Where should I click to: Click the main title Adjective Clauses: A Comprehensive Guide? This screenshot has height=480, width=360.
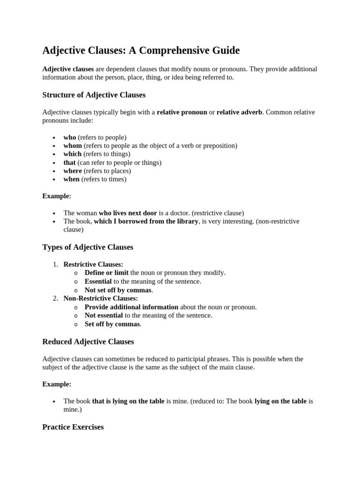pyautogui.click(x=141, y=50)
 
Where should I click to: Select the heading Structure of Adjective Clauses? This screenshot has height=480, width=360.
pyautogui.click(x=94, y=95)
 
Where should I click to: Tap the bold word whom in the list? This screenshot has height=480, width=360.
pyautogui.click(x=73, y=146)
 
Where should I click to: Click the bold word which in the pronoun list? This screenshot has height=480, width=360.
pyautogui.click(x=72, y=154)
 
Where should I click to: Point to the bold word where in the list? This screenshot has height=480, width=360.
pyautogui.click(x=73, y=171)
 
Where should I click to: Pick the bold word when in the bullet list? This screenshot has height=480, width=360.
pyautogui.click(x=71, y=179)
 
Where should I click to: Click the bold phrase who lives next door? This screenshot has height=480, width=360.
pyautogui.click(x=127, y=213)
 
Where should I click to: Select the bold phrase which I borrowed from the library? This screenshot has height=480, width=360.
pyautogui.click(x=146, y=221)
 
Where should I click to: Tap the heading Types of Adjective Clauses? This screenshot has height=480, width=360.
pyautogui.click(x=88, y=247)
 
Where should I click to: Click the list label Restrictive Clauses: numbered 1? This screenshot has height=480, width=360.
pyautogui.click(x=93, y=264)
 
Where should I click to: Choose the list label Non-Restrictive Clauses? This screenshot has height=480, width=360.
pyautogui.click(x=100, y=298)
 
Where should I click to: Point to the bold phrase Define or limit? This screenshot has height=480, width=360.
pyautogui.click(x=106, y=273)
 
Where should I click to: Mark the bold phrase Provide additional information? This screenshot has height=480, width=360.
pyautogui.click(x=131, y=307)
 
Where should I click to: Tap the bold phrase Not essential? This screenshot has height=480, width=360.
pyautogui.click(x=104, y=315)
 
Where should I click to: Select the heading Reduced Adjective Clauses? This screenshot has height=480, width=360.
pyautogui.click(x=88, y=342)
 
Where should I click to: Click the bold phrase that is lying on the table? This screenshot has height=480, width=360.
pyautogui.click(x=128, y=401)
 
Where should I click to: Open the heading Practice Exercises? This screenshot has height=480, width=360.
pyautogui.click(x=73, y=427)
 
